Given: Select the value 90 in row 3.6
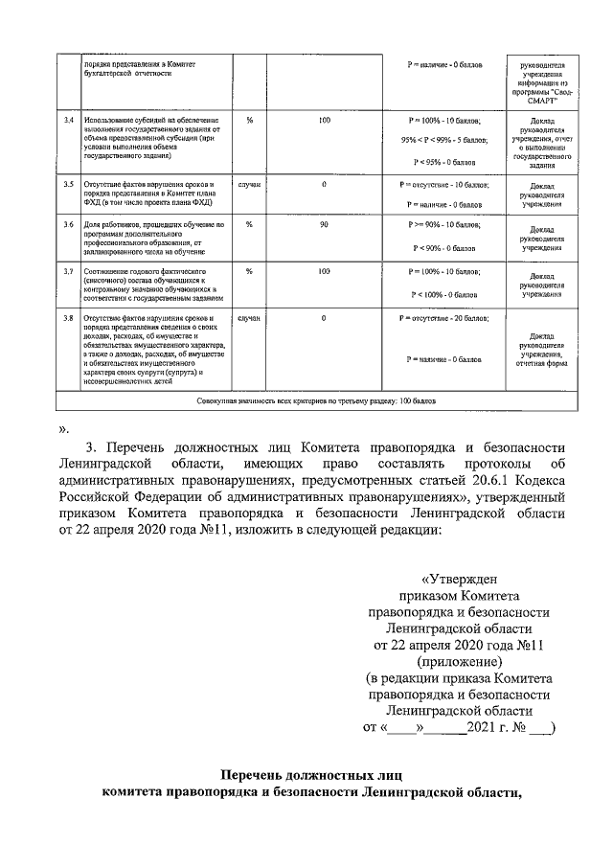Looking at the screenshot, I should [x=325, y=224].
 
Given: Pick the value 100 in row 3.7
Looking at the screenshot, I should [x=325, y=271].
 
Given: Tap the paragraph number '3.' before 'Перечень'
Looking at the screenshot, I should [x=92, y=447].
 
